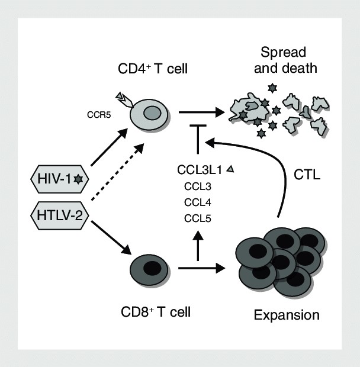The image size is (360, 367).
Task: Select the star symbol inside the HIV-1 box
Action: click(78, 178)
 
